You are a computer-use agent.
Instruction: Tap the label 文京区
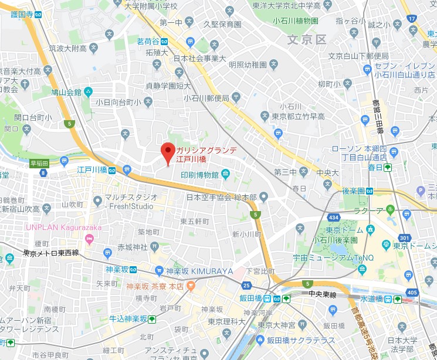click(306, 39)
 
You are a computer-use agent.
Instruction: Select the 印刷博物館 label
click(199, 175)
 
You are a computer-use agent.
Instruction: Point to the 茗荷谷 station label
click(148, 41)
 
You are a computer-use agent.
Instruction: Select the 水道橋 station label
click(371, 298)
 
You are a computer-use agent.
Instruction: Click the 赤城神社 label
click(134, 246)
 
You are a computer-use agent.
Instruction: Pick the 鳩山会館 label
click(65, 92)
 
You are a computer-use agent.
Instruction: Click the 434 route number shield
click(334, 218)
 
